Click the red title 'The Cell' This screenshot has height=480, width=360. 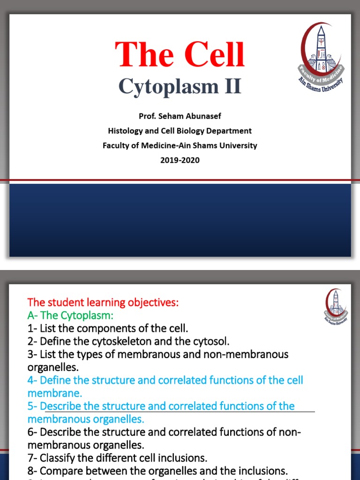180,54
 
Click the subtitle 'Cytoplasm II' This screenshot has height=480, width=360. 180,86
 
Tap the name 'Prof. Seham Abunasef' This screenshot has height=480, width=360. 180,116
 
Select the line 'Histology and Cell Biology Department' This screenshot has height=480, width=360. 180,131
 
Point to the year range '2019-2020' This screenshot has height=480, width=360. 180,160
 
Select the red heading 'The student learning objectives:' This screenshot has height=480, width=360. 103,302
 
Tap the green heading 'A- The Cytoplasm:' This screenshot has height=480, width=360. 70,315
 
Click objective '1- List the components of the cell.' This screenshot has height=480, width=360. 108,328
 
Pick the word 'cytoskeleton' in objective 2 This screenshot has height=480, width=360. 130,341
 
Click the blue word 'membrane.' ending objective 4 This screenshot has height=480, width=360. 55,393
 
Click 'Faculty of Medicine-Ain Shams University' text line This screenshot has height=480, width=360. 180,145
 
